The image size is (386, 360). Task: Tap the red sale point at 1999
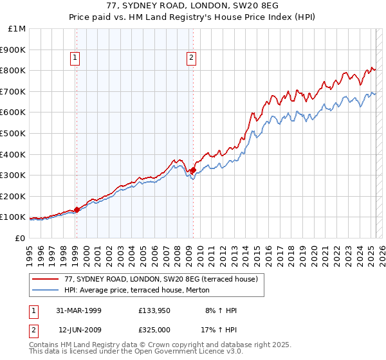point(77,210)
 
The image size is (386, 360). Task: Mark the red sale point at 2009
point(193,170)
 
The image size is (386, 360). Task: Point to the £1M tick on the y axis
point(17,29)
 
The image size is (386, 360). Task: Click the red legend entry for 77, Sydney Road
point(161,279)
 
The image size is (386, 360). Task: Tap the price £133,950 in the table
point(154,310)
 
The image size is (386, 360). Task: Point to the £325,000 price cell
point(154,330)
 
